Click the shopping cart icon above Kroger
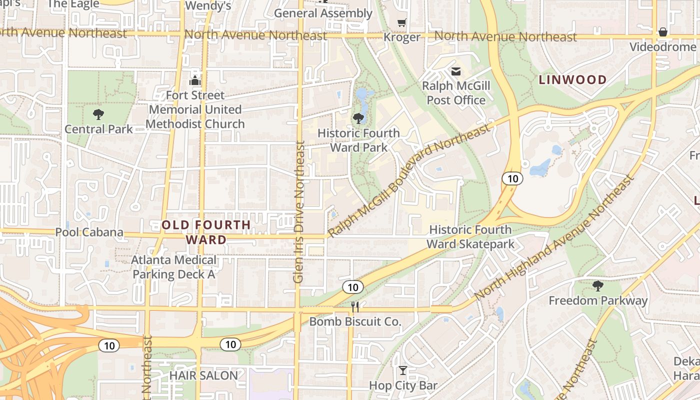(x=401, y=23)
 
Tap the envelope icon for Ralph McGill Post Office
(x=455, y=71)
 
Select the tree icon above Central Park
(x=98, y=114)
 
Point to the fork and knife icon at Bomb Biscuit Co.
(x=355, y=306)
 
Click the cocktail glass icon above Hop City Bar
(x=402, y=370)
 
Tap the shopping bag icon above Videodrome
(x=663, y=32)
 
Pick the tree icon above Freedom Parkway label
(x=597, y=286)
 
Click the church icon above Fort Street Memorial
(x=195, y=80)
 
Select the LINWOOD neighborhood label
(x=572, y=79)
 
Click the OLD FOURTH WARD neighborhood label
(x=206, y=232)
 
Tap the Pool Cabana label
(x=89, y=232)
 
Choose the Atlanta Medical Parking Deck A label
(x=174, y=267)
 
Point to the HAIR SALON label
(x=203, y=375)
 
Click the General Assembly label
(x=323, y=13)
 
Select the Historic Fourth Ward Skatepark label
(x=470, y=237)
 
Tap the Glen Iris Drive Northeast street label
(x=299, y=212)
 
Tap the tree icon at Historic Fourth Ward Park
(x=358, y=118)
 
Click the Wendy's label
(x=208, y=5)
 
